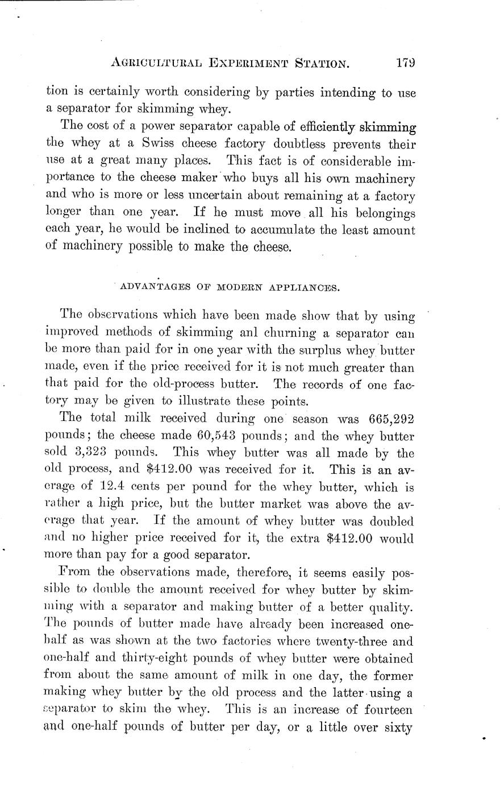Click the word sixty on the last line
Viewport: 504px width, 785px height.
coord(397,728)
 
